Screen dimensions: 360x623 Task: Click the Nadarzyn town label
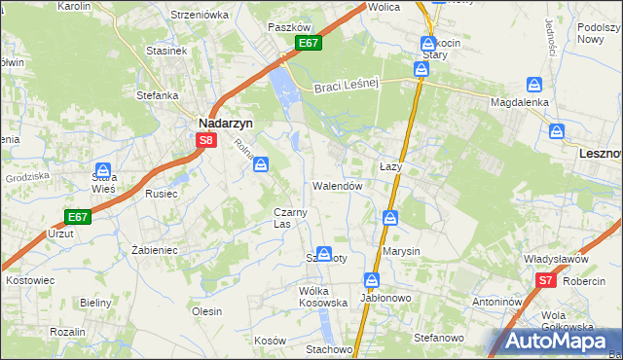tap(226, 124)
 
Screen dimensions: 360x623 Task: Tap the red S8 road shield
tap(205, 141)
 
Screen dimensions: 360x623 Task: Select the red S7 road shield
tap(546, 281)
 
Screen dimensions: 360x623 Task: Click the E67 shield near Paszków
tap(309, 44)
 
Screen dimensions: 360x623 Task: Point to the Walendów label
tap(338, 185)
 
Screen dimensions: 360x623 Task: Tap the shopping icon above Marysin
tap(390, 218)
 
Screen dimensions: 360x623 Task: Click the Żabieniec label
tap(153, 249)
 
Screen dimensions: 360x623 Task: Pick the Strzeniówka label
tap(199, 15)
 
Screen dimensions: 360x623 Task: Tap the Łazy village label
tap(390, 167)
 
